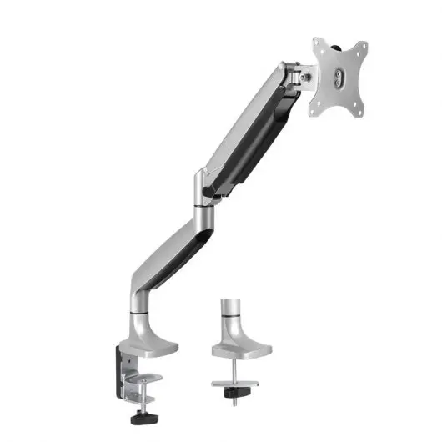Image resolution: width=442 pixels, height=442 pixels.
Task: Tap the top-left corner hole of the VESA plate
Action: click(x=317, y=46)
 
